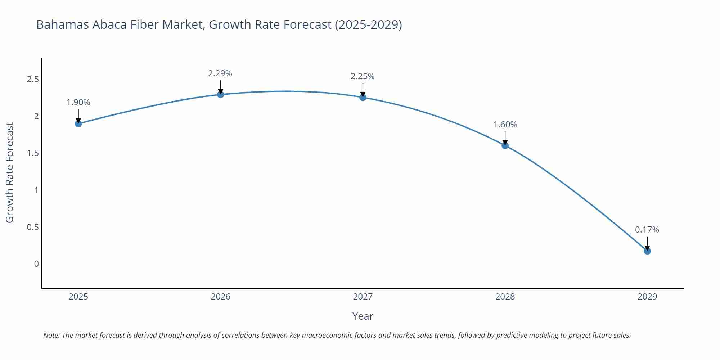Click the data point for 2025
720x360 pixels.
(78, 123)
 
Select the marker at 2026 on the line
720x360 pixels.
(220, 94)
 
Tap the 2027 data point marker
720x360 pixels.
(363, 97)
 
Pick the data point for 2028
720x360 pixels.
(505, 145)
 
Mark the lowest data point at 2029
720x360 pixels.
(647, 251)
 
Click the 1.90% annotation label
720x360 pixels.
(78, 102)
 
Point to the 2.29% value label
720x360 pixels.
(220, 73)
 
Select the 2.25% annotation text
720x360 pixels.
(363, 76)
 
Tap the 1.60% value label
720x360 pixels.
(505, 125)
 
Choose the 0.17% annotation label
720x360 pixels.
(647, 230)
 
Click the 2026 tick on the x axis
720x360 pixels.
(220, 297)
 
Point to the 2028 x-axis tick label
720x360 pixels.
(505, 297)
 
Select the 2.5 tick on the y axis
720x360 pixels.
(33, 79)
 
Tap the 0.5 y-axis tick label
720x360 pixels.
(33, 227)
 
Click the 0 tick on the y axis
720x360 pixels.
(36, 264)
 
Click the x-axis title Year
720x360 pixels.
(363, 316)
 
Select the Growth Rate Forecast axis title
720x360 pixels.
(10, 172)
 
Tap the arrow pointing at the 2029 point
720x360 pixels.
(647, 244)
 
